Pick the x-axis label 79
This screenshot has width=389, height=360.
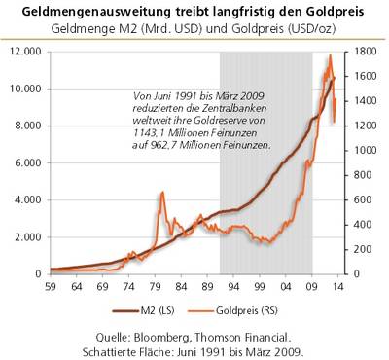click(155, 288)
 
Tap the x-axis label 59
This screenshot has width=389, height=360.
click(51, 288)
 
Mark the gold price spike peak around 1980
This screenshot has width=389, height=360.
click(160, 193)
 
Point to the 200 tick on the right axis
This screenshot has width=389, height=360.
click(359, 250)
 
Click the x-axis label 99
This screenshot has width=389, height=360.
click(260, 288)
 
